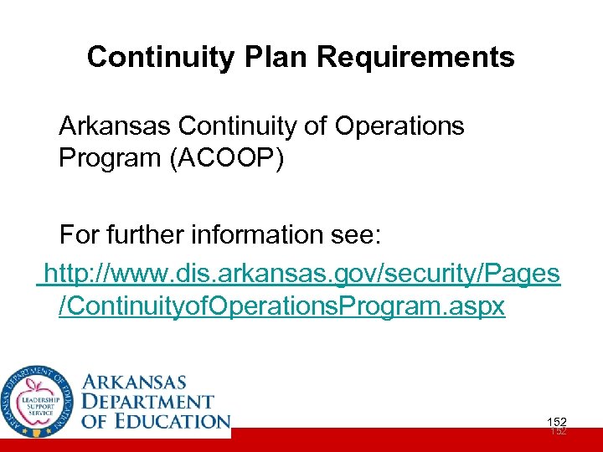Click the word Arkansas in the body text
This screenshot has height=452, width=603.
tap(115, 126)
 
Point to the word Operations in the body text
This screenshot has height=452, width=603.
tap(399, 126)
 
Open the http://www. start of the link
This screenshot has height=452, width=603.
tap(105, 273)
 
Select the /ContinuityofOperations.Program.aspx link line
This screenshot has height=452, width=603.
tap(282, 306)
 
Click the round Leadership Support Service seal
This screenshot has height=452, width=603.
tap(37, 399)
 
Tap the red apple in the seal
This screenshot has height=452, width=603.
tap(37, 387)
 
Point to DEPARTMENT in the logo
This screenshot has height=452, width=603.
tap(147, 403)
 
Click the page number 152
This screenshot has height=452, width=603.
tap(556, 422)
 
